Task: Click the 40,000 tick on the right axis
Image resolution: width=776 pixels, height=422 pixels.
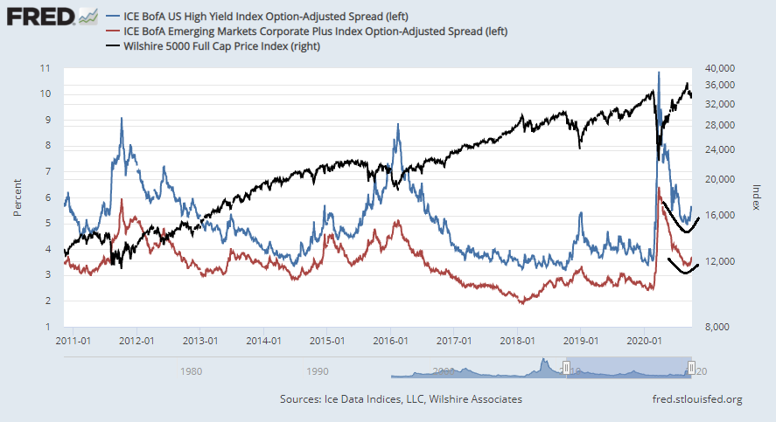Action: click(x=721, y=68)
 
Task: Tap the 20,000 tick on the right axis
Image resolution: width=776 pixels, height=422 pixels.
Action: click(x=721, y=179)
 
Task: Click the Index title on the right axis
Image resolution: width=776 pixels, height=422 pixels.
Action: click(x=758, y=197)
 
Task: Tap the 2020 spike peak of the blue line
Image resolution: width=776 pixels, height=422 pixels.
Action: click(x=658, y=73)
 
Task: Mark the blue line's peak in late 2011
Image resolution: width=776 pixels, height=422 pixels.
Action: click(x=122, y=119)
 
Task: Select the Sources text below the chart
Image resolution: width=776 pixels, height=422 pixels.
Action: click(x=401, y=399)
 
